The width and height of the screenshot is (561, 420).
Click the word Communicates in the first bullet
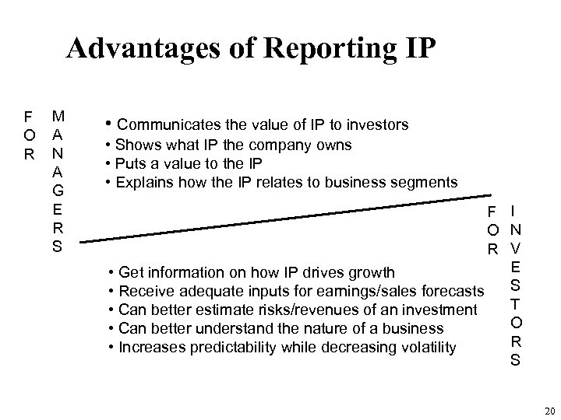[x=165, y=124]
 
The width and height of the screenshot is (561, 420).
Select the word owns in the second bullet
[x=336, y=145]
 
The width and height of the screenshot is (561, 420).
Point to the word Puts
[x=131, y=164]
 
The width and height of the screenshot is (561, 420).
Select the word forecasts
[x=447, y=292]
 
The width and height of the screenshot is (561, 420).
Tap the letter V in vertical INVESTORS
[x=516, y=248]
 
